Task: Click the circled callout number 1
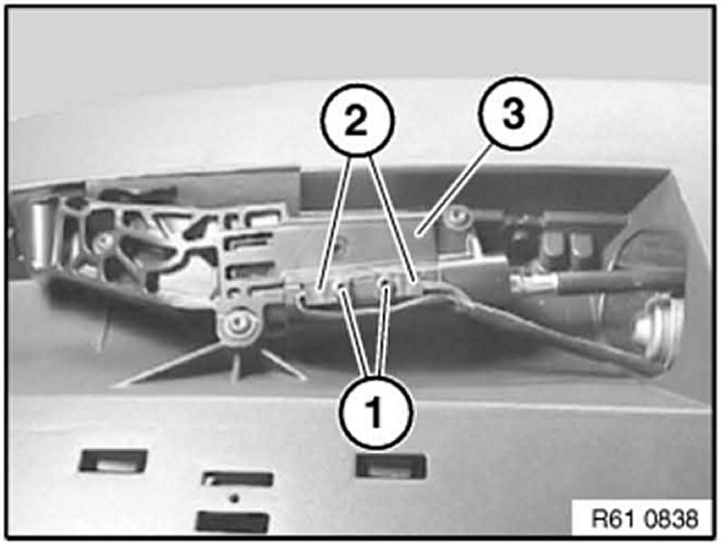coord(375,412)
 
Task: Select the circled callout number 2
coord(356,119)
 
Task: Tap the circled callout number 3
coord(514,113)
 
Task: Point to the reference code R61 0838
coord(644,519)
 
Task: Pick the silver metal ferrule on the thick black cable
coord(533,281)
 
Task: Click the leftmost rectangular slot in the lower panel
coord(113,461)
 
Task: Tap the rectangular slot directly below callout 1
coord(392,465)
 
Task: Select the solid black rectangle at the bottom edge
coord(233,522)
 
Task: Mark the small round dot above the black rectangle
coord(235,497)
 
